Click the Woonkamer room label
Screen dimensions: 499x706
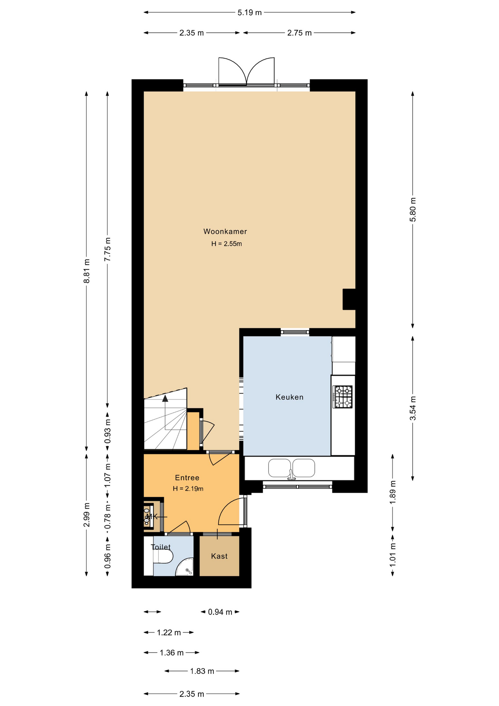[225, 232]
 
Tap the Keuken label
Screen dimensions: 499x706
[290, 397]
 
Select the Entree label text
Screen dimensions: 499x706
[187, 478]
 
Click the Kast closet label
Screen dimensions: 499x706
[219, 556]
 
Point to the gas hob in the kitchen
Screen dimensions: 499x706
[342, 397]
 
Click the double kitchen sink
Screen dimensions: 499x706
[291, 468]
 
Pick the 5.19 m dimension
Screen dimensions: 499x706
[250, 13]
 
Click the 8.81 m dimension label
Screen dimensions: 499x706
[87, 271]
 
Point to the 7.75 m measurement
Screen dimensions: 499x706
[107, 249]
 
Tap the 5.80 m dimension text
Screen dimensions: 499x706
[413, 210]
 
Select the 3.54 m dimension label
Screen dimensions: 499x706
[413, 408]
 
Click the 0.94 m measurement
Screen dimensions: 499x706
[220, 612]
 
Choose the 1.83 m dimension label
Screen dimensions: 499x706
[202, 671]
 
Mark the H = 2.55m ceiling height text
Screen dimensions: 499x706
[226, 244]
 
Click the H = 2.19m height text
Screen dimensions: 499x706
[188, 489]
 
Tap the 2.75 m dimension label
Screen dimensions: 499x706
[299, 33]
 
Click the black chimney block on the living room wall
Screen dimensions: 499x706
[349, 299]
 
